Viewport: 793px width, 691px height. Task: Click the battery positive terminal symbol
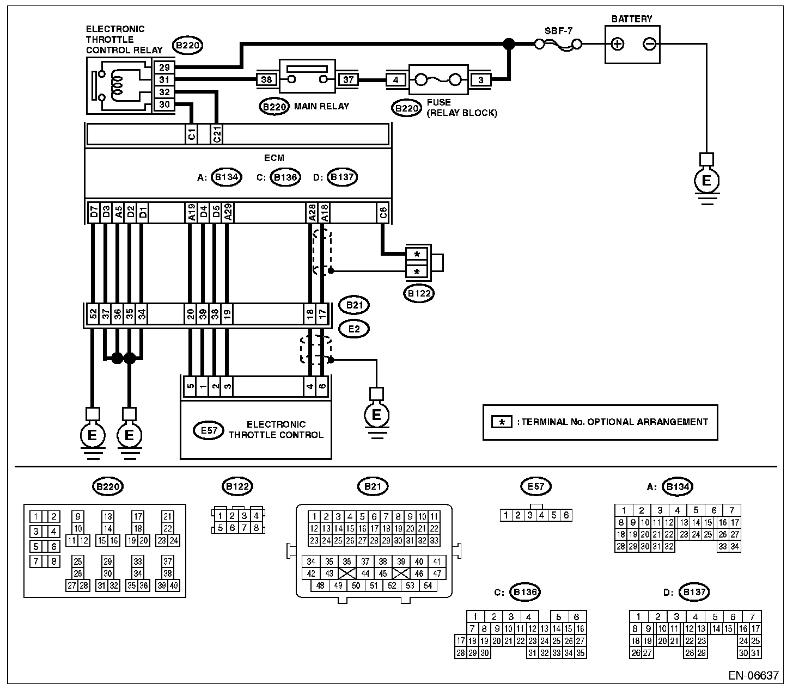point(618,44)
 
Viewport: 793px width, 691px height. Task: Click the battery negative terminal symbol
point(650,44)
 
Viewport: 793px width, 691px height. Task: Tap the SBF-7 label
point(558,30)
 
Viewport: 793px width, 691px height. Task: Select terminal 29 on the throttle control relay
point(164,67)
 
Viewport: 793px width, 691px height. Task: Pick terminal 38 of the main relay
point(266,80)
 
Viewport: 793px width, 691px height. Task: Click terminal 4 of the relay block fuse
point(396,80)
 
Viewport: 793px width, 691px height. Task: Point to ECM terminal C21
point(217,134)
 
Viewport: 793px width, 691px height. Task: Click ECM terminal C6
point(383,213)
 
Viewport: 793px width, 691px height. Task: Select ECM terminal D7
point(94,213)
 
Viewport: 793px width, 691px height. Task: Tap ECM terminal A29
point(228,213)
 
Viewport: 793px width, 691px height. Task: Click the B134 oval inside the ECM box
point(227,177)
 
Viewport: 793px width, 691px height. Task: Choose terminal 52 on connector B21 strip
point(93,314)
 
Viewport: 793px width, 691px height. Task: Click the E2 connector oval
point(354,329)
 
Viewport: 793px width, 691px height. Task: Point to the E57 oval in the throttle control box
point(209,430)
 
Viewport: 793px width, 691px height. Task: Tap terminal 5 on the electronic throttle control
point(190,386)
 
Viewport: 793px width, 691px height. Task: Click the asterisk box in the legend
point(502,422)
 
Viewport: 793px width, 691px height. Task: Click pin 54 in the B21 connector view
point(428,585)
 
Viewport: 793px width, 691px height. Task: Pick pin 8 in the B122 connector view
point(256,528)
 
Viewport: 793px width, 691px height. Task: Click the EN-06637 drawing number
point(753,676)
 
